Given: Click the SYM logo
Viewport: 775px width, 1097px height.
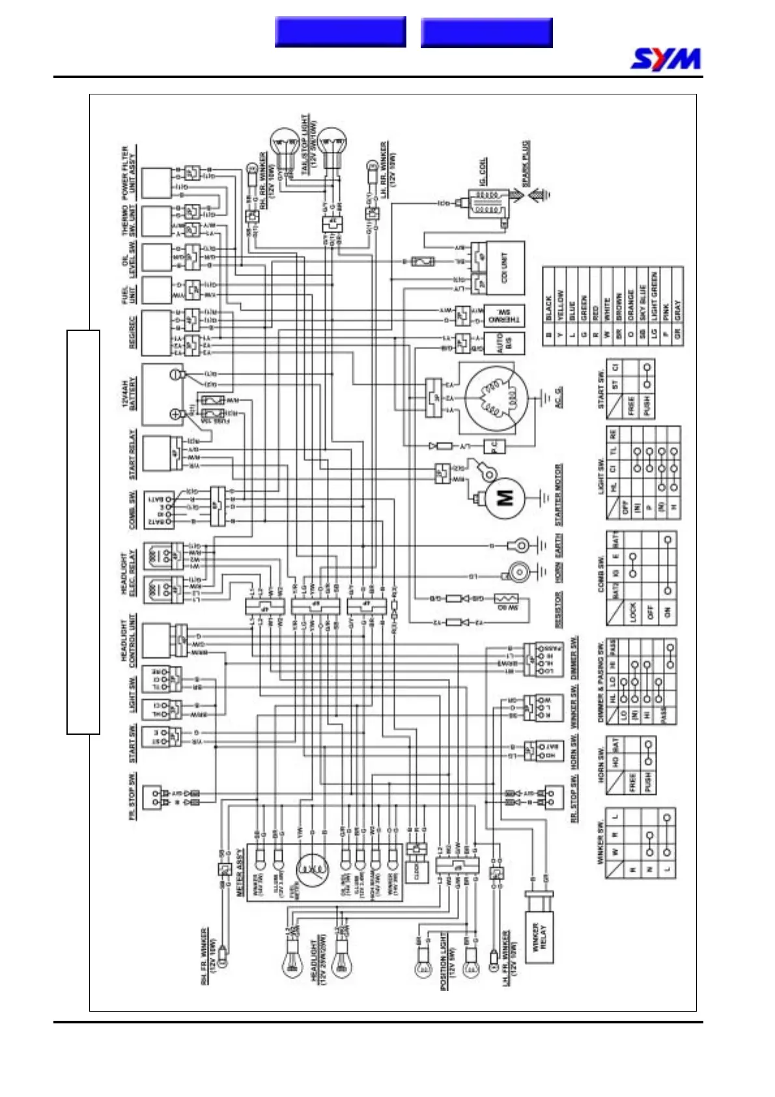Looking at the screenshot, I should (666, 59).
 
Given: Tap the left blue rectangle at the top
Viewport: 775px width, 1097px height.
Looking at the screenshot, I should (340, 32).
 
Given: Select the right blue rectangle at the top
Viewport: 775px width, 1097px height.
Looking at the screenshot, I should (486, 33).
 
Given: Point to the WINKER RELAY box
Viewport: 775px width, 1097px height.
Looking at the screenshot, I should (540, 935).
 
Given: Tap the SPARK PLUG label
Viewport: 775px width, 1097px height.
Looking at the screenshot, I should (526, 163).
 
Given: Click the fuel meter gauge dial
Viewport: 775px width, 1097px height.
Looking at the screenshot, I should (313, 870).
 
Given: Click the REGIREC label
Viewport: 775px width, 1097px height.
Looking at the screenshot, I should (132, 332).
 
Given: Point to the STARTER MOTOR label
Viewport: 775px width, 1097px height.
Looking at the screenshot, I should (559, 495).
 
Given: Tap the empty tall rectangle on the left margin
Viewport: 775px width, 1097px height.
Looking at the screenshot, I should (83, 532).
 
